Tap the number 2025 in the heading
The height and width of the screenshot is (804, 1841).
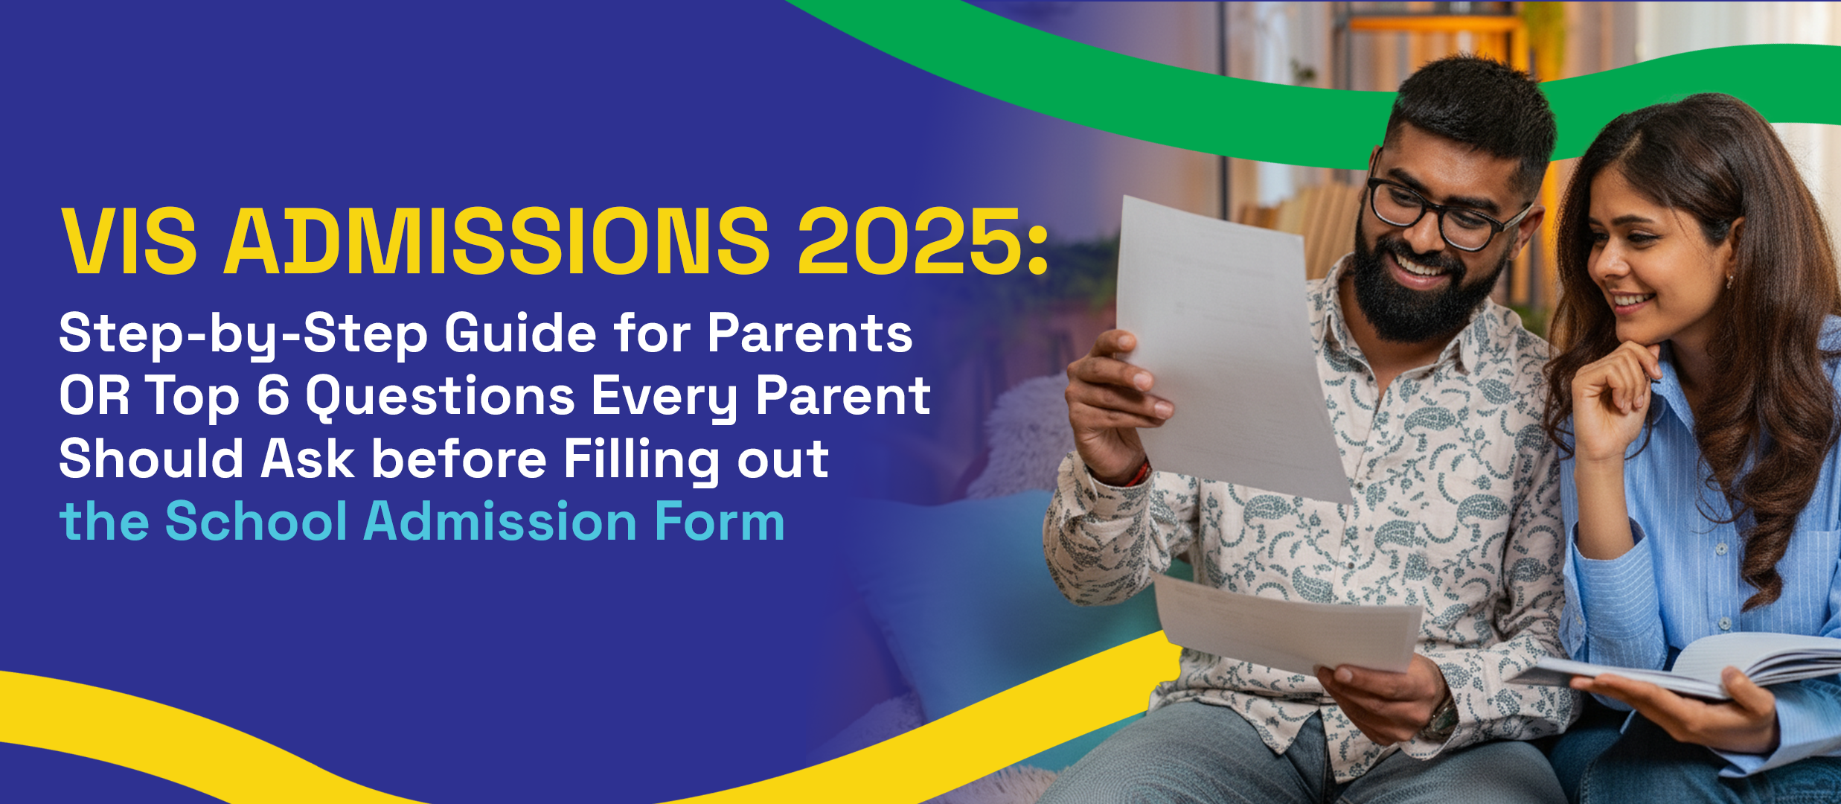pyautogui.click(x=910, y=240)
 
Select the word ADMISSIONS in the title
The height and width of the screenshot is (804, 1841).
pyautogui.click(x=497, y=240)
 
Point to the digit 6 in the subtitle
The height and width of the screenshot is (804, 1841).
pyautogui.click(x=272, y=395)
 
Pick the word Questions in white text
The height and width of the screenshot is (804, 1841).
pyautogui.click(x=441, y=397)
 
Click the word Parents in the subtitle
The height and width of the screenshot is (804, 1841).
pyautogui.click(x=810, y=334)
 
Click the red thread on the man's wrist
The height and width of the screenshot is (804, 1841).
pyautogui.click(x=1139, y=474)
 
